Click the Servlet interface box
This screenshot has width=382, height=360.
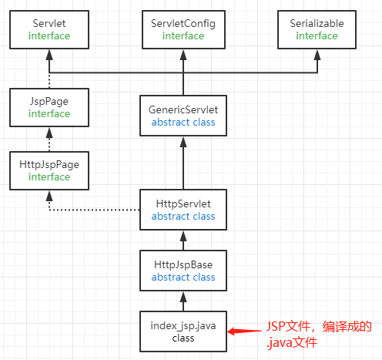click(50, 30)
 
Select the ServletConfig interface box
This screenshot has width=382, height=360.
click(183, 30)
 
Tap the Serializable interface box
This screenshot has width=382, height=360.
click(317, 30)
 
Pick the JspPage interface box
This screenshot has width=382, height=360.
click(50, 107)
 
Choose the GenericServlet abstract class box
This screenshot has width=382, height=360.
click(183, 116)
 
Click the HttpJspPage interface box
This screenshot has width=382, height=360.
click(50, 170)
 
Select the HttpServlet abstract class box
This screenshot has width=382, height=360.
click(183, 210)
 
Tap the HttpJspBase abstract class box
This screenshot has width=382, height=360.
click(183, 270)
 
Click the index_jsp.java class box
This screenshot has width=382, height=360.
click(183, 331)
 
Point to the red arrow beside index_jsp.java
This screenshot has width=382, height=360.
click(246, 332)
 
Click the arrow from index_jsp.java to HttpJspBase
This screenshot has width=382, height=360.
click(183, 301)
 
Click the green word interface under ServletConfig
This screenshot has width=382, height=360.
click(183, 35)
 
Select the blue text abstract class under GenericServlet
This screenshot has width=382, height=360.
click(183, 122)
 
